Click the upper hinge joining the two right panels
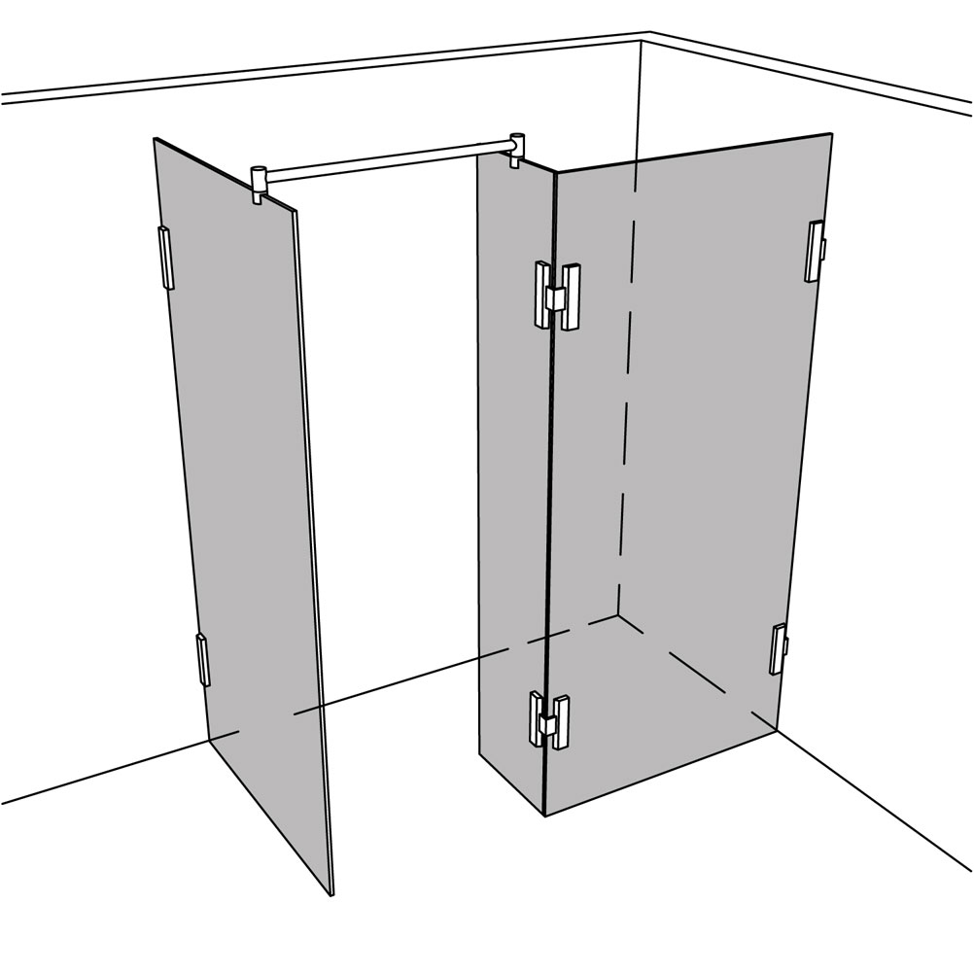tap(555, 296)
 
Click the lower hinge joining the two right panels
tap(549, 720)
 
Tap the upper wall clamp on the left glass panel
tap(164, 258)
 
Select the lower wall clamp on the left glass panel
tap(202, 659)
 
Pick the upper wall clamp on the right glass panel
tap(814, 251)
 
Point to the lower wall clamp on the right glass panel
tap(778, 648)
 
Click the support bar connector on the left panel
tap(259, 184)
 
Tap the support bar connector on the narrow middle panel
tap(518, 147)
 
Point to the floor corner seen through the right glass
tap(618, 614)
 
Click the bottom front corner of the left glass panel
tap(331, 892)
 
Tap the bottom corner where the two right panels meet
tap(544, 815)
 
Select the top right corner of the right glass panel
tap(831, 133)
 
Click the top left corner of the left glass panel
tap(156, 139)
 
